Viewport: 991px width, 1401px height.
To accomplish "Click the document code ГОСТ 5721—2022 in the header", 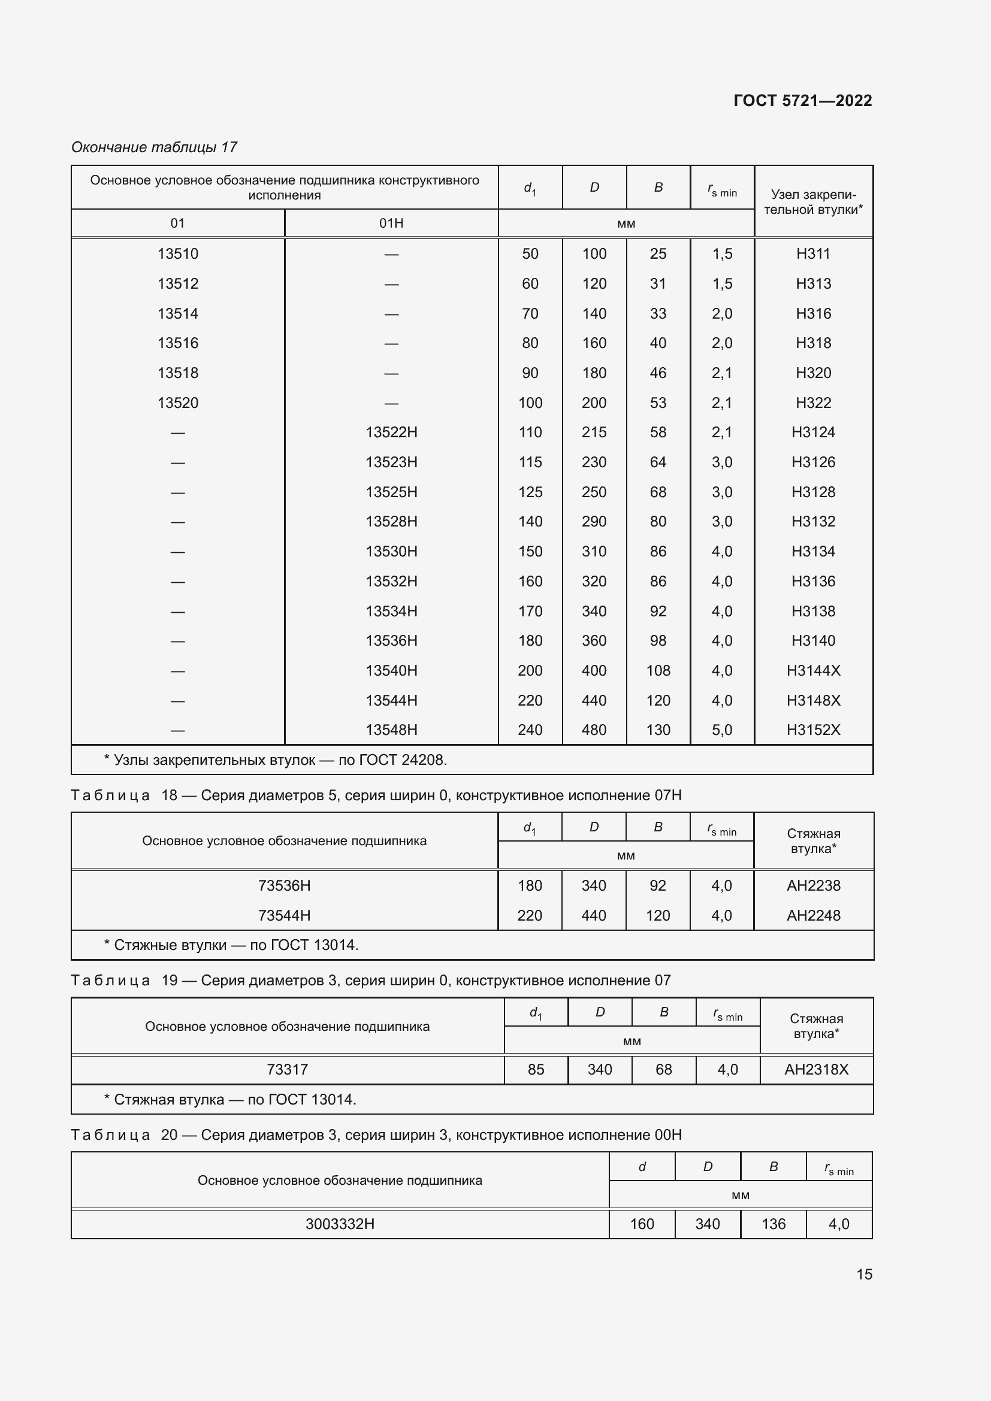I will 802,101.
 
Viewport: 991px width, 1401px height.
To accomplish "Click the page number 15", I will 864,1274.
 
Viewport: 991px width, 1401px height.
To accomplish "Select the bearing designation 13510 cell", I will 177,254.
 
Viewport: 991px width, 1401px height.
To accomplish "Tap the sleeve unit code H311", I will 813,254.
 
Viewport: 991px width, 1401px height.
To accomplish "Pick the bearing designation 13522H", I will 391,432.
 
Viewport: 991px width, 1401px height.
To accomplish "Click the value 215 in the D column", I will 594,432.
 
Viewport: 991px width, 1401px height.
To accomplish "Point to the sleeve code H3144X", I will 813,671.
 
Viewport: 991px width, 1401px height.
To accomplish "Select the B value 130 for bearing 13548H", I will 658,730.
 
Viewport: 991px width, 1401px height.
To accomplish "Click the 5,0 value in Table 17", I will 721,730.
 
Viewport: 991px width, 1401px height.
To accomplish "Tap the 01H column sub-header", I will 391,223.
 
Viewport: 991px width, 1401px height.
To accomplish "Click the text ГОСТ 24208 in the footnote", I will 402,760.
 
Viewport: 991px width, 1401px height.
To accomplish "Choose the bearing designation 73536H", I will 285,885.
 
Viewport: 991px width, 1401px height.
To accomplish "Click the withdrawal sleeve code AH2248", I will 813,915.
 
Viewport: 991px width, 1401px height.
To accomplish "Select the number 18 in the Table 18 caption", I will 169,795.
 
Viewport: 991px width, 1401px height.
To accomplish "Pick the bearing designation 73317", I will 287,1070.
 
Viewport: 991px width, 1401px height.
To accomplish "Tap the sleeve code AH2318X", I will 816,1070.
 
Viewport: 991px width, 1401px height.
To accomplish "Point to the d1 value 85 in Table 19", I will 536,1070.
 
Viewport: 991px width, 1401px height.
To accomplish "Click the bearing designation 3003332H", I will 340,1224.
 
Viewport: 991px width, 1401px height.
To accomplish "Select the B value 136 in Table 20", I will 773,1224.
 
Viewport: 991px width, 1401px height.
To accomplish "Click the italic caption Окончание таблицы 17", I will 154,147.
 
